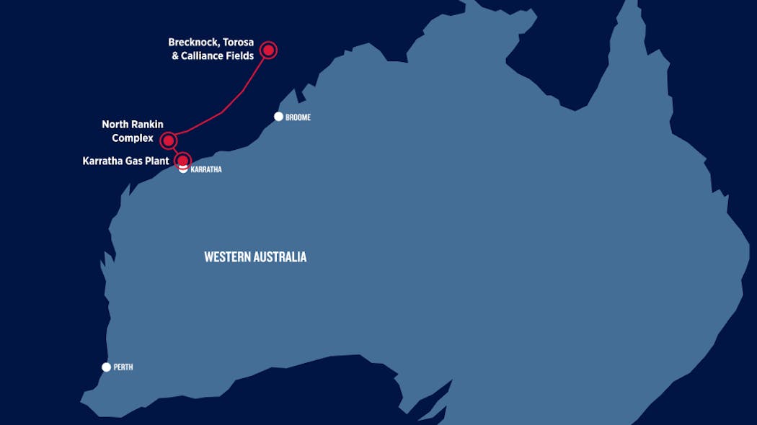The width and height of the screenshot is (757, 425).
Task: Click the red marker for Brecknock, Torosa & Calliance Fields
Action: pos(269,50)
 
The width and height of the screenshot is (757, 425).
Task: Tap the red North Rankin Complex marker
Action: pos(168,140)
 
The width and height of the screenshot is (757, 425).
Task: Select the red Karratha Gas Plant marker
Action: pos(183,160)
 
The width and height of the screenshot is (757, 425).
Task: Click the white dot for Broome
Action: pos(279,117)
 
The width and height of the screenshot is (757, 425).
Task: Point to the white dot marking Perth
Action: pos(107,367)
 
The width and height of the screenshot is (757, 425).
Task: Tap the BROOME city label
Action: pos(298,117)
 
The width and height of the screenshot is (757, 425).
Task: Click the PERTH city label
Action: pos(123,367)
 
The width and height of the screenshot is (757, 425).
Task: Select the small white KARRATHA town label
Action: pos(206,170)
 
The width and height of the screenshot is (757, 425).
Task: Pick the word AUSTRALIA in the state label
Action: pos(282,257)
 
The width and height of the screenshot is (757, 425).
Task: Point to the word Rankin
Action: pos(148,125)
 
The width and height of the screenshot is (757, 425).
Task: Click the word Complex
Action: pos(133,138)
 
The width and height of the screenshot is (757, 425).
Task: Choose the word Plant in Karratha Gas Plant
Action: pos(156,161)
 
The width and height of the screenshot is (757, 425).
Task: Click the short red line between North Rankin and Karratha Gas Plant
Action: pos(175,150)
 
